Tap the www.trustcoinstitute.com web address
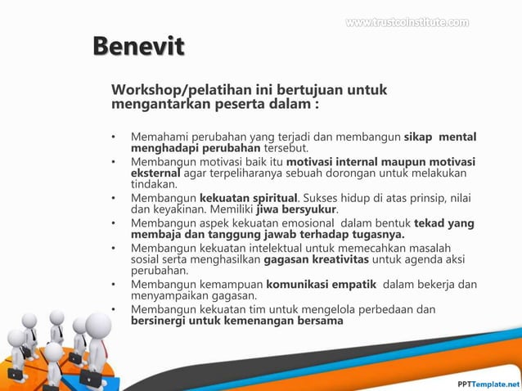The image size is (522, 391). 407,22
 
